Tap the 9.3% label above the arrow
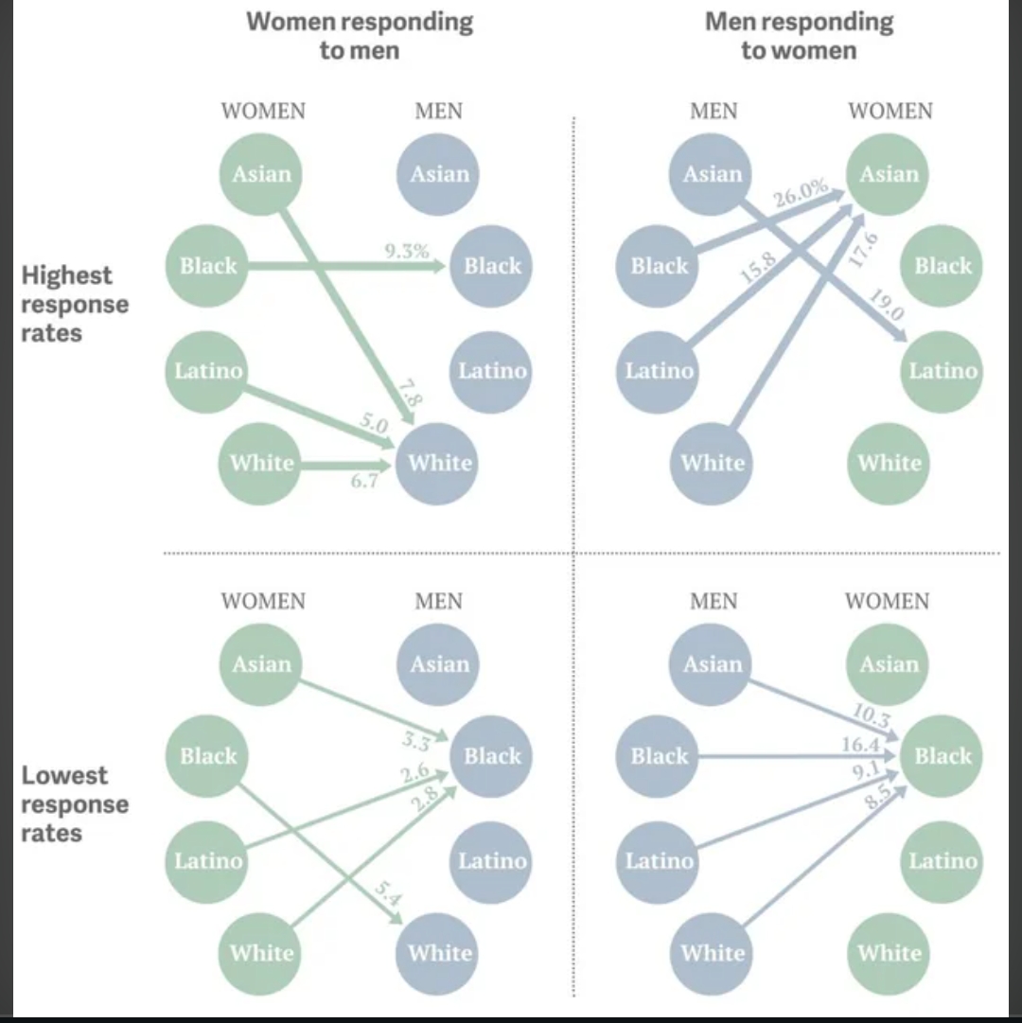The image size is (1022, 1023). (407, 251)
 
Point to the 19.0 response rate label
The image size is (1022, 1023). (887, 305)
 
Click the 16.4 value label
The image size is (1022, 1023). (861, 745)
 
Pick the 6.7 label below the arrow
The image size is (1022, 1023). (364, 481)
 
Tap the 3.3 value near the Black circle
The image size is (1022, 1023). (416, 740)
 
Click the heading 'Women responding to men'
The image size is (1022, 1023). (360, 36)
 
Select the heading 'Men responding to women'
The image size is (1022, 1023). (799, 36)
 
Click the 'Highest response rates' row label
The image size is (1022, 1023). (75, 304)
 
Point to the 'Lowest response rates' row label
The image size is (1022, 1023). (75, 803)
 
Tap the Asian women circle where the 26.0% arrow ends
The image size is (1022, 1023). (888, 174)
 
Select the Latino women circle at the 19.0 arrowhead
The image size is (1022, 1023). (942, 372)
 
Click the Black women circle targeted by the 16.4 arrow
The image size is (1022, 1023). (942, 756)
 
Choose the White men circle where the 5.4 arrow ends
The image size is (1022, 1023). (437, 953)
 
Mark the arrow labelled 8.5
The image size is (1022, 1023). (825, 856)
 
